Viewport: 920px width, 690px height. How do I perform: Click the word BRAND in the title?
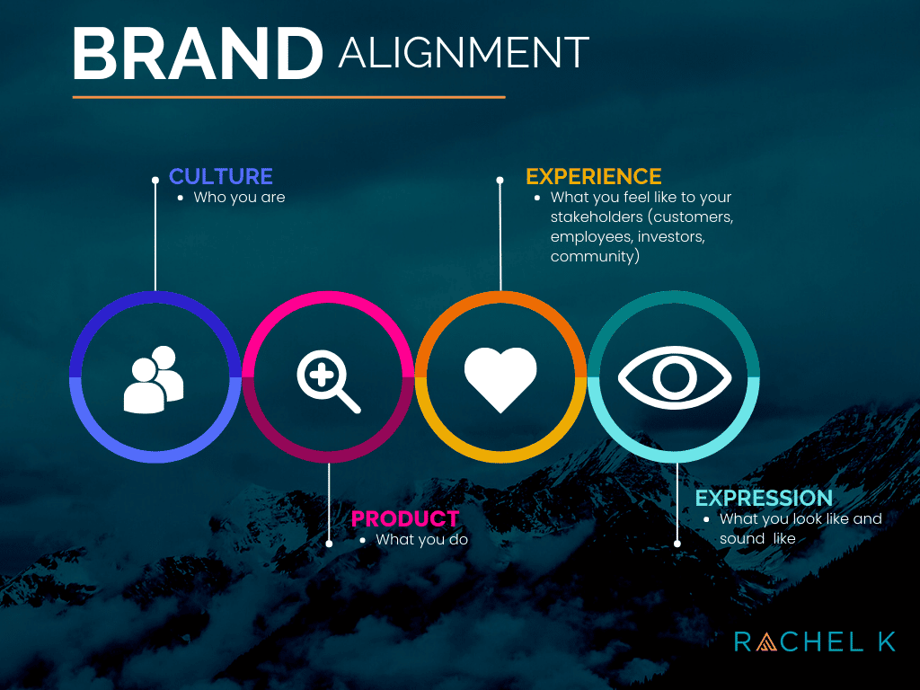click(198, 53)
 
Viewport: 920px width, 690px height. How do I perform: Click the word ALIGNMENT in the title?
click(464, 53)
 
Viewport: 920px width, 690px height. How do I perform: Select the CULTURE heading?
click(221, 176)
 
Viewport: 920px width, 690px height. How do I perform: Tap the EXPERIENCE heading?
click(594, 176)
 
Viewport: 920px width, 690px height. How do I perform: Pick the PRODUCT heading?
click(405, 518)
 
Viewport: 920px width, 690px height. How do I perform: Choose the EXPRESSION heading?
click(764, 498)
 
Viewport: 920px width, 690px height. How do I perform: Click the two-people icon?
click(154, 380)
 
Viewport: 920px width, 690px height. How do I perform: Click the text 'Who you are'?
click(239, 197)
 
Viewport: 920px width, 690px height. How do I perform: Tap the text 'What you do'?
click(422, 540)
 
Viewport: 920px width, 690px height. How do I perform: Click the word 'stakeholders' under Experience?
click(597, 217)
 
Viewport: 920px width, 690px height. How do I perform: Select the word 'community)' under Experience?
click(595, 256)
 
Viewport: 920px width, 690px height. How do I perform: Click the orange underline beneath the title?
click(288, 97)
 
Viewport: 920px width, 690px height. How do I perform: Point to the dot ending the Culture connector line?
click(155, 180)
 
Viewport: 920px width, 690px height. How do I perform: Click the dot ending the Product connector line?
click(329, 544)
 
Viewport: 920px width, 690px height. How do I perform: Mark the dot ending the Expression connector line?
click(677, 544)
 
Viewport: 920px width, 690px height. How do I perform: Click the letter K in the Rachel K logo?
click(887, 641)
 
